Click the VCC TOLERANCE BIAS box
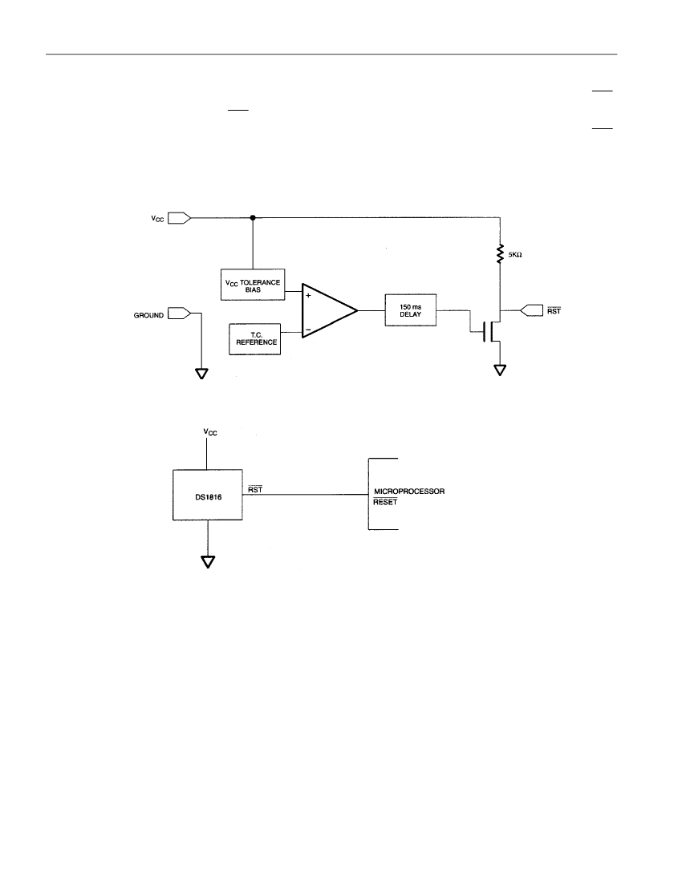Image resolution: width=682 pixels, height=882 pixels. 253,285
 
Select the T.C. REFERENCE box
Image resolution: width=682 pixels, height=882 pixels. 255,339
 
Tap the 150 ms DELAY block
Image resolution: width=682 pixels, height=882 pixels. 411,310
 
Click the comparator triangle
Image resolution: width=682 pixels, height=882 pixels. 330,310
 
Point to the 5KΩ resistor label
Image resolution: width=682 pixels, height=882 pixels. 515,255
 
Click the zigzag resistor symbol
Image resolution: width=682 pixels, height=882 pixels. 499,254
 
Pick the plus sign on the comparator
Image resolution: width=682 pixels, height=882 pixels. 308,295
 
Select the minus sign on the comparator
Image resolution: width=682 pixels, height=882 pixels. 308,330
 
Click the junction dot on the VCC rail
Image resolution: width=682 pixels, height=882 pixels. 253,217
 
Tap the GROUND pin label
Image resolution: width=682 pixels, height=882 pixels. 148,316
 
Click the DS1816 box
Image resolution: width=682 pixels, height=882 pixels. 208,495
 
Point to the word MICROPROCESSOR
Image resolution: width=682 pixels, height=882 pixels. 409,491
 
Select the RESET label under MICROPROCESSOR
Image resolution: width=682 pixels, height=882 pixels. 385,502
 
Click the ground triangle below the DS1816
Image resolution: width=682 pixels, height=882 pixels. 208,561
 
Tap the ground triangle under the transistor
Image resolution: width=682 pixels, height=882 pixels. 500,370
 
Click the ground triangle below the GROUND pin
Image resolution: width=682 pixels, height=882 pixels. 201,374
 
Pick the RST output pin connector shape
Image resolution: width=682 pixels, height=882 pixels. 532,310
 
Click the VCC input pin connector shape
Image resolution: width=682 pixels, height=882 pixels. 180,217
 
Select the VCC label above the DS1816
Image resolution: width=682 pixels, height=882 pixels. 210,432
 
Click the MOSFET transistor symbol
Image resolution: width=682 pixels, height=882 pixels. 490,330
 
